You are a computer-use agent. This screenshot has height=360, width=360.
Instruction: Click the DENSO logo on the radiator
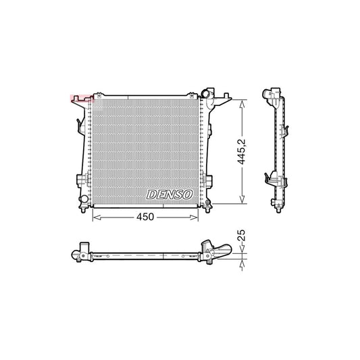tap(170, 195)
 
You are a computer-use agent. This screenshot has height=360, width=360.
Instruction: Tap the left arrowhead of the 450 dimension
tap(95, 217)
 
